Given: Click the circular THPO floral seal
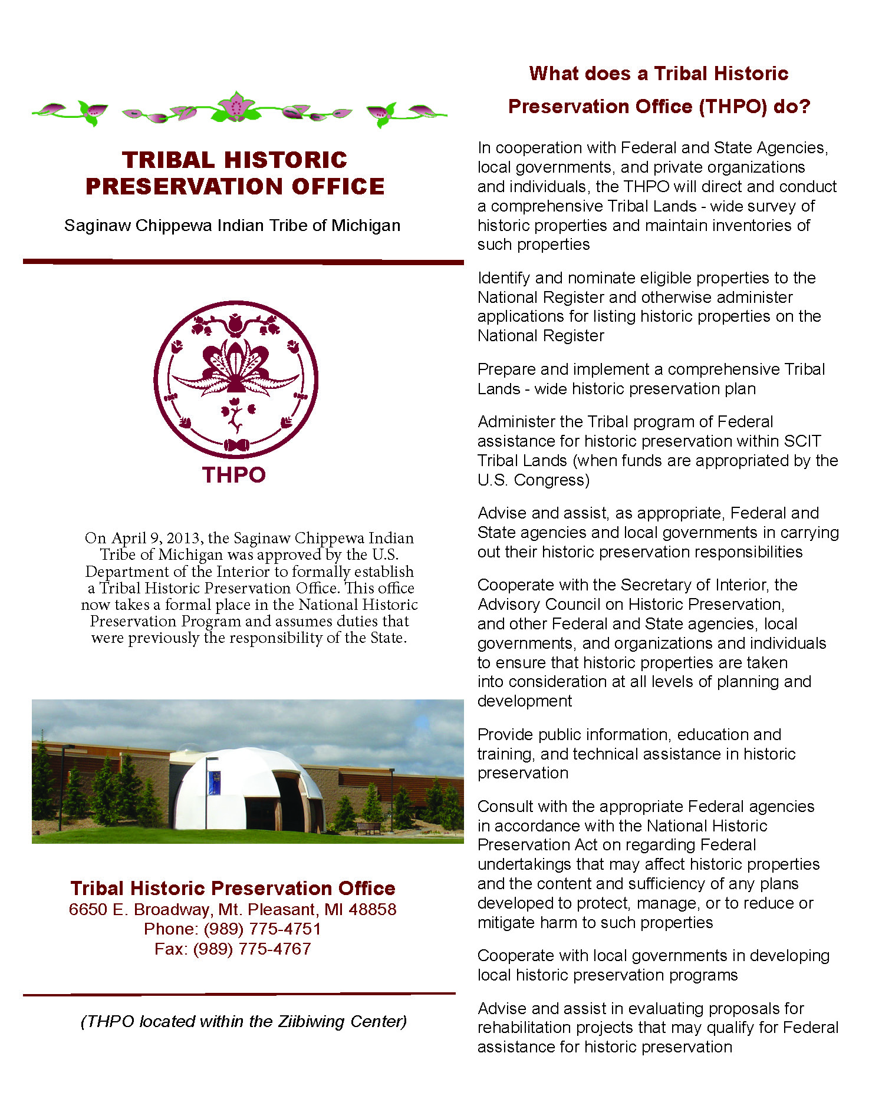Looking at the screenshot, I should pyautogui.click(x=236, y=379).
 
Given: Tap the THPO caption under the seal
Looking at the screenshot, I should pyautogui.click(x=234, y=475).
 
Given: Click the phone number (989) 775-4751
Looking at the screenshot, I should pyautogui.click(x=262, y=929).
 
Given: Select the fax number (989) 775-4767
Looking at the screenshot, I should pyautogui.click(x=252, y=949).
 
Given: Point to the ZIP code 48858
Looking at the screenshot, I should pyautogui.click(x=373, y=909).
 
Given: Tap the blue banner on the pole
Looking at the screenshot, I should pyautogui.click(x=215, y=783).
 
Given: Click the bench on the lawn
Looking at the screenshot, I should pyautogui.click(x=368, y=828).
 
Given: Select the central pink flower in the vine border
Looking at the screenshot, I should pyautogui.click(x=236, y=107).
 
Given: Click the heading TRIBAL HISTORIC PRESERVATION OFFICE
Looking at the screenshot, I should pyautogui.click(x=235, y=173).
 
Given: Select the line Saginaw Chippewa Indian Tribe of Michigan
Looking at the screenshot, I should pyautogui.click(x=232, y=226).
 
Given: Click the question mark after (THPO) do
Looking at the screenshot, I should pyautogui.click(x=805, y=107).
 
